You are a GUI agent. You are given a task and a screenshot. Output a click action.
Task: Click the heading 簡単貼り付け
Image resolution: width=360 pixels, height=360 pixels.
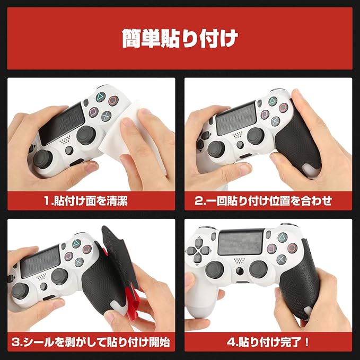(x=180, y=39)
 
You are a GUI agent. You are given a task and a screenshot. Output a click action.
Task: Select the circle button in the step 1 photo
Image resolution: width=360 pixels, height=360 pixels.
(x=113, y=100)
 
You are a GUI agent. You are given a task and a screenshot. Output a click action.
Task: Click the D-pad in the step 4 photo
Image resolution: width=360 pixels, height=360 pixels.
(x=198, y=250)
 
